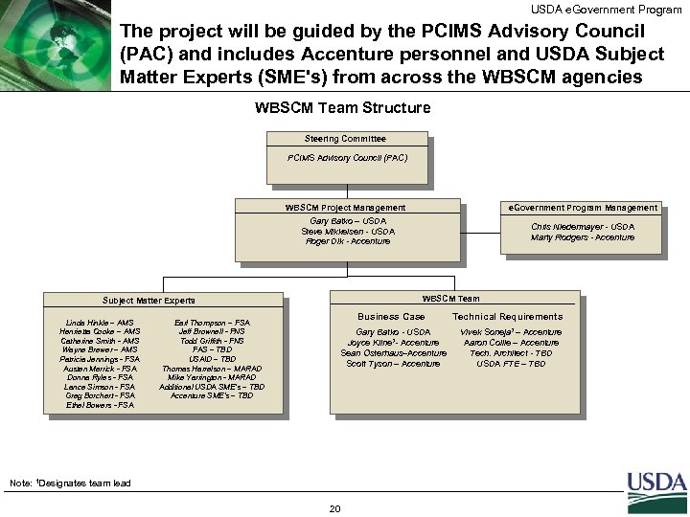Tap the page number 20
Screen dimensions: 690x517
[x=334, y=508]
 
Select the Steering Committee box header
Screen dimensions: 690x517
[x=345, y=139]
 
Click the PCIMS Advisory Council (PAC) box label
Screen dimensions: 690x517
[x=346, y=157]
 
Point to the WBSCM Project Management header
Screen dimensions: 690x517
[x=345, y=208]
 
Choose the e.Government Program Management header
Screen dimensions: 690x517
[x=583, y=208]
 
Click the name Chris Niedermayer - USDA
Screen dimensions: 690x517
[x=583, y=227]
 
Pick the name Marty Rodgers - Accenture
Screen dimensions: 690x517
[x=583, y=237]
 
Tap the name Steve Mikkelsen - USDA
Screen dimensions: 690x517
[x=346, y=232]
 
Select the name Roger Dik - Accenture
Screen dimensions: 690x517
[x=346, y=241]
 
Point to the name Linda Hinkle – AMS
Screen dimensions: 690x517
[x=99, y=323]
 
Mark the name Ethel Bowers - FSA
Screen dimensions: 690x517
[x=99, y=405]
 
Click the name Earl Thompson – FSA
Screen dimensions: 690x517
[x=214, y=323]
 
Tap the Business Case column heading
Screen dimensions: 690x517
[x=391, y=317]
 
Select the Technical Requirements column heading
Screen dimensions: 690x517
[x=507, y=317]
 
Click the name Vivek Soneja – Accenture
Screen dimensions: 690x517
[x=512, y=332]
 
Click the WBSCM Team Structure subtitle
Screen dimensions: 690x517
[x=343, y=107]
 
